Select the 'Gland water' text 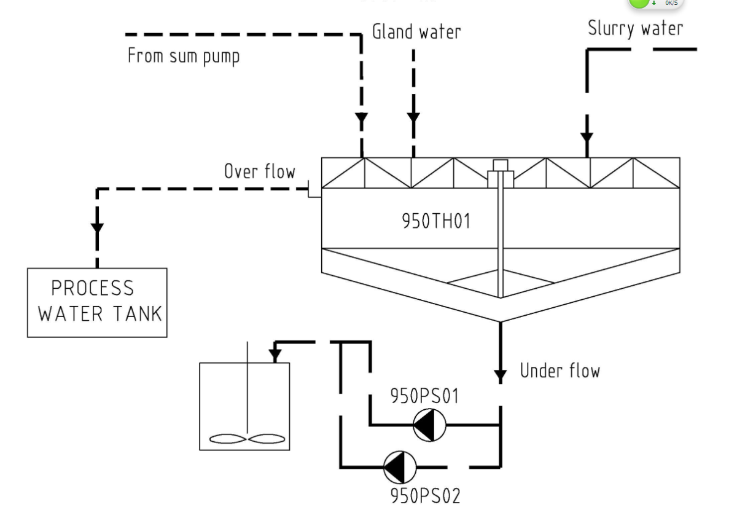click(x=416, y=32)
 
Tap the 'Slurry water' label click(x=634, y=28)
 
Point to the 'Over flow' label click(x=259, y=171)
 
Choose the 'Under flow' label click(x=560, y=371)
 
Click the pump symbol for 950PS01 click(x=429, y=425)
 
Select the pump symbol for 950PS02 click(x=400, y=468)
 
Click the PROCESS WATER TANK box click(x=97, y=302)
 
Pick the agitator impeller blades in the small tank click(x=246, y=439)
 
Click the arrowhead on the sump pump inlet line click(x=362, y=117)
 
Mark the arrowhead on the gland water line click(x=413, y=117)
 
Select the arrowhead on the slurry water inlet click(x=587, y=136)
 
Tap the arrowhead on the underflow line click(x=501, y=373)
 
